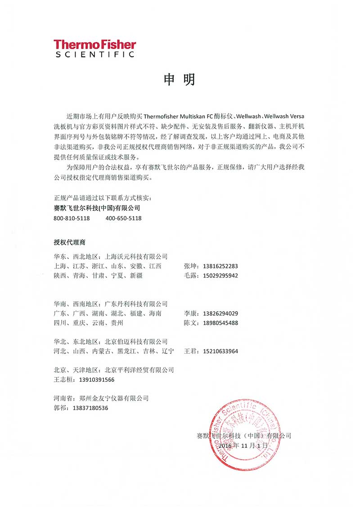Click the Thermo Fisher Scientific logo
pyautogui.click(x=94, y=49)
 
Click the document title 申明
pyautogui.click(x=180, y=80)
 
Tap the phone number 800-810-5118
pyautogui.click(x=72, y=219)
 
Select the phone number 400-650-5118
pyautogui.click(x=124, y=219)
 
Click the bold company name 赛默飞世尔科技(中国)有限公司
pyautogui.click(x=97, y=208)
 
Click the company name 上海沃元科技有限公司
pyautogui.click(x=136, y=257)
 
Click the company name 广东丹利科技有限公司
pyautogui.click(x=136, y=304)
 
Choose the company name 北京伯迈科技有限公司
pyautogui.click(x=136, y=342)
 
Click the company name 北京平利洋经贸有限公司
pyautogui.click(x=139, y=370)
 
